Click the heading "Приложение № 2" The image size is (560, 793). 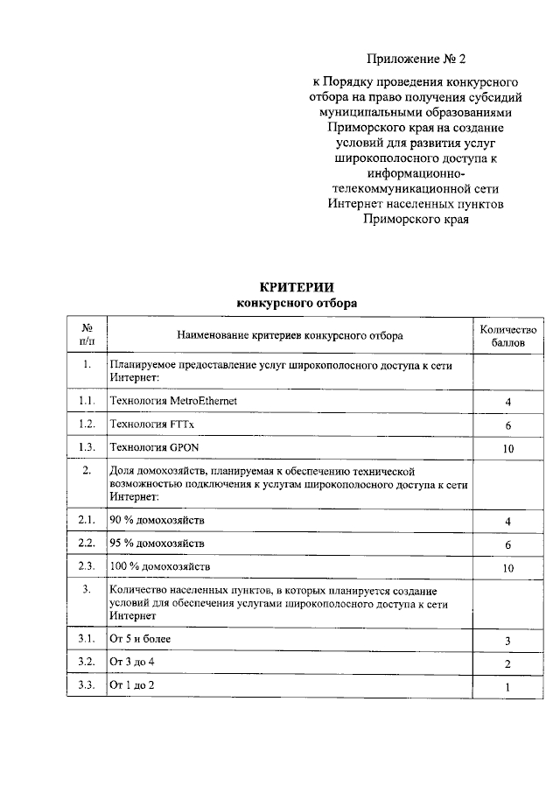pyautogui.click(x=417, y=60)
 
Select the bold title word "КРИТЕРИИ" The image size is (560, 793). pyautogui.click(x=297, y=288)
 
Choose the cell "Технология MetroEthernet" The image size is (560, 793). pyautogui.click(x=172, y=400)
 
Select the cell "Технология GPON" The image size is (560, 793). pyautogui.click(x=150, y=447)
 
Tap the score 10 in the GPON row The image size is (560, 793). pyautogui.click(x=507, y=449)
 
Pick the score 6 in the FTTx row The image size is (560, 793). pyautogui.click(x=507, y=425)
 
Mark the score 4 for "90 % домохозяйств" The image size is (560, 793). pyautogui.click(x=507, y=522)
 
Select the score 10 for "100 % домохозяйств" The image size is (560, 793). pyautogui.click(x=507, y=569)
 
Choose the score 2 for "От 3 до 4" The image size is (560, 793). pyautogui.click(x=507, y=665)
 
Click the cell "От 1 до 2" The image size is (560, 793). pyautogui.click(x=131, y=684)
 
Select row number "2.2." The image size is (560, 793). pyautogui.click(x=86, y=544)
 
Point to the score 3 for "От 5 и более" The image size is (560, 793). pyautogui.click(x=507, y=642)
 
